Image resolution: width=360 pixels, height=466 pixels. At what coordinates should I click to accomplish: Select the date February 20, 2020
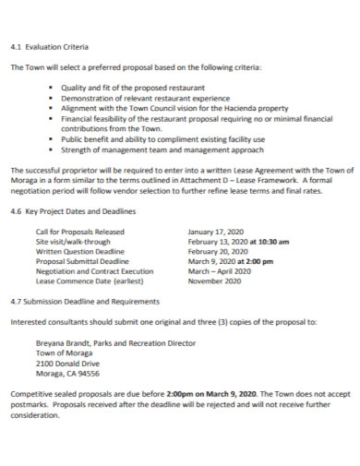[x=218, y=251]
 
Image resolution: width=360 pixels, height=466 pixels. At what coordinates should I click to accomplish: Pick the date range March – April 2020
[x=219, y=271]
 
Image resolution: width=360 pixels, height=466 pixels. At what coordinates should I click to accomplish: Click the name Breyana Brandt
[x=62, y=342]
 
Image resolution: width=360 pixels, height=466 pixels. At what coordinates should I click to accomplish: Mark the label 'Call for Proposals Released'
[x=79, y=231]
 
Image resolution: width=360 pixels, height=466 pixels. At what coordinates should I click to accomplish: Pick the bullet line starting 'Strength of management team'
[x=149, y=149]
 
